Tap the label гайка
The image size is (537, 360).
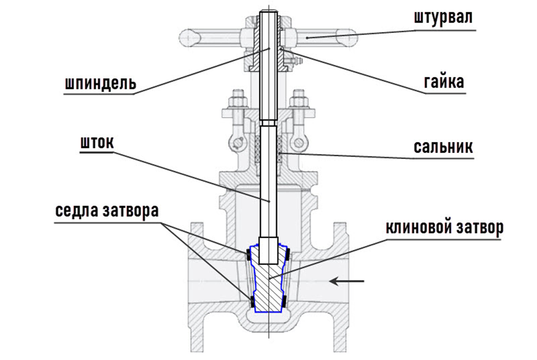pyautogui.click(x=443, y=83)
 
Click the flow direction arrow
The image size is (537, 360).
pyautogui.click(x=348, y=282)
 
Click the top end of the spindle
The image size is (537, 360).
pyautogui.click(x=269, y=13)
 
